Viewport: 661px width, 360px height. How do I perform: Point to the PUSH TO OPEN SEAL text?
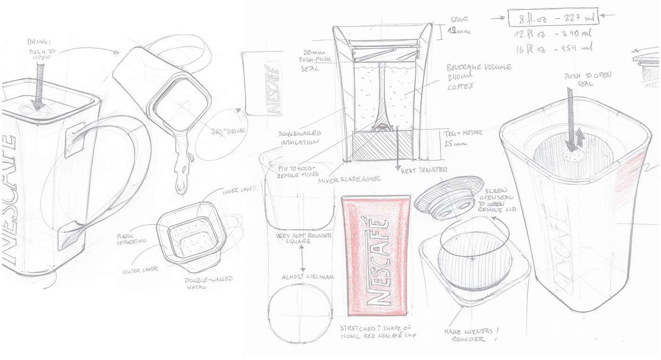(587, 79)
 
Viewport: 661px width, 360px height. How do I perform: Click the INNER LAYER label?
(239, 189)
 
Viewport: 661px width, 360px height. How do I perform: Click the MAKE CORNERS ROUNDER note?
(468, 335)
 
